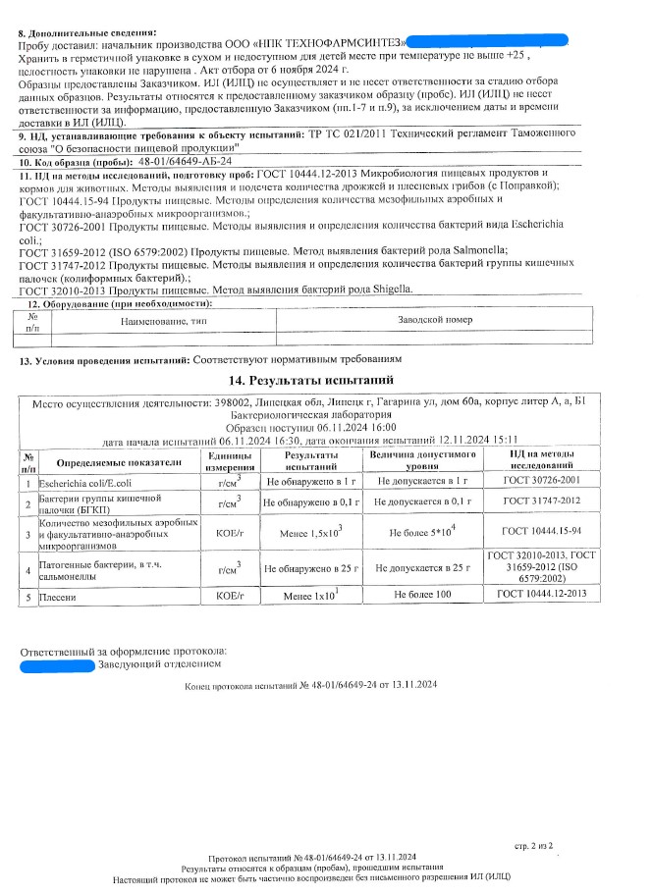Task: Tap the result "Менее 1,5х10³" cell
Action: click(x=309, y=533)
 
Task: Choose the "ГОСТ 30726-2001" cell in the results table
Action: click(x=548, y=482)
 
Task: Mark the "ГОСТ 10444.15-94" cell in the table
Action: click(x=548, y=533)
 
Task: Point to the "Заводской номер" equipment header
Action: click(x=436, y=321)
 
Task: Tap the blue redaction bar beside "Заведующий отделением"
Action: click(x=57, y=666)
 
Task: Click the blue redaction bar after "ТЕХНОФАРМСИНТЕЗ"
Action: click(x=486, y=40)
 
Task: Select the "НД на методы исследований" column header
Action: click(x=548, y=461)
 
